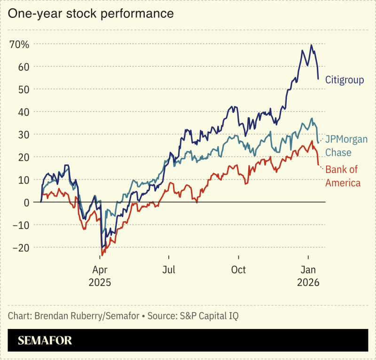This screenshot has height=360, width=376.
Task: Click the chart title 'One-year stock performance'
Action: pos(91,14)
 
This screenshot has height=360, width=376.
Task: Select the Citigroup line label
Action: pos(345,80)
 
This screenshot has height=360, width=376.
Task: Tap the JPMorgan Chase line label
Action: pos(346,146)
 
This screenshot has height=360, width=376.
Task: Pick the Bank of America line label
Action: pos(343,176)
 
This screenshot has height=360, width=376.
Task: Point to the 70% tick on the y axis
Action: pos(19,45)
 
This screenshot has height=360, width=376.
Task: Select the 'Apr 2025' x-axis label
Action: pos(99,276)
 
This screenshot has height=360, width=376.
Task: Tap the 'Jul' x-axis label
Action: pos(169,270)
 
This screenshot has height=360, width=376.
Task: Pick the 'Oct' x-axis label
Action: pos(238,270)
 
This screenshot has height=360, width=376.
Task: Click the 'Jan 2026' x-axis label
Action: pos(308,276)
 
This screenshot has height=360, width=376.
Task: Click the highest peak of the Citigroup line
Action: pos(311,45)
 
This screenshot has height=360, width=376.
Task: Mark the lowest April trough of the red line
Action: pos(102,255)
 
